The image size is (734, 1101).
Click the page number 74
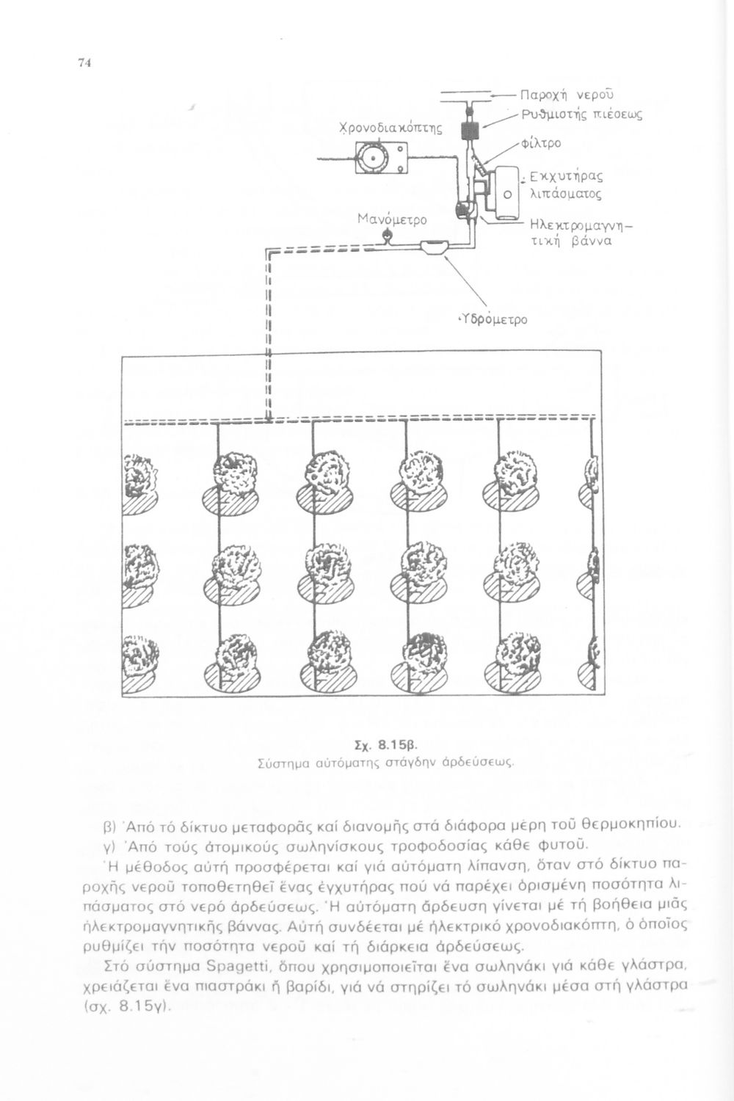tap(83, 63)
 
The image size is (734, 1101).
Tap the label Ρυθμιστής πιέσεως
tap(581, 114)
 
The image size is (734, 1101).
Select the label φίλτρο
tap(541, 142)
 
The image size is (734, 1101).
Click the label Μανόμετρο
tap(386, 219)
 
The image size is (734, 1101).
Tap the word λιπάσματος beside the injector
tap(561, 195)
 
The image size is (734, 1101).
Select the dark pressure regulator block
tap(468, 131)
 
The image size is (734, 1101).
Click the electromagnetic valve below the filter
tap(464, 209)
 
